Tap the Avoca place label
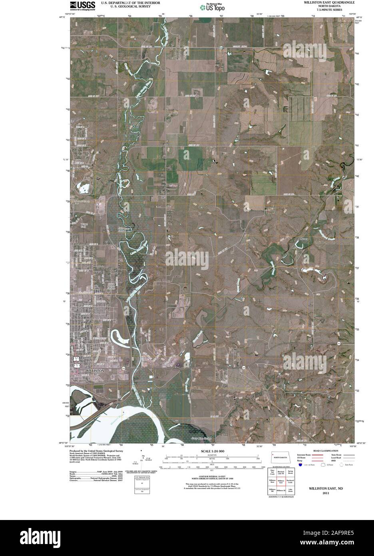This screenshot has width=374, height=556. click(304, 239)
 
